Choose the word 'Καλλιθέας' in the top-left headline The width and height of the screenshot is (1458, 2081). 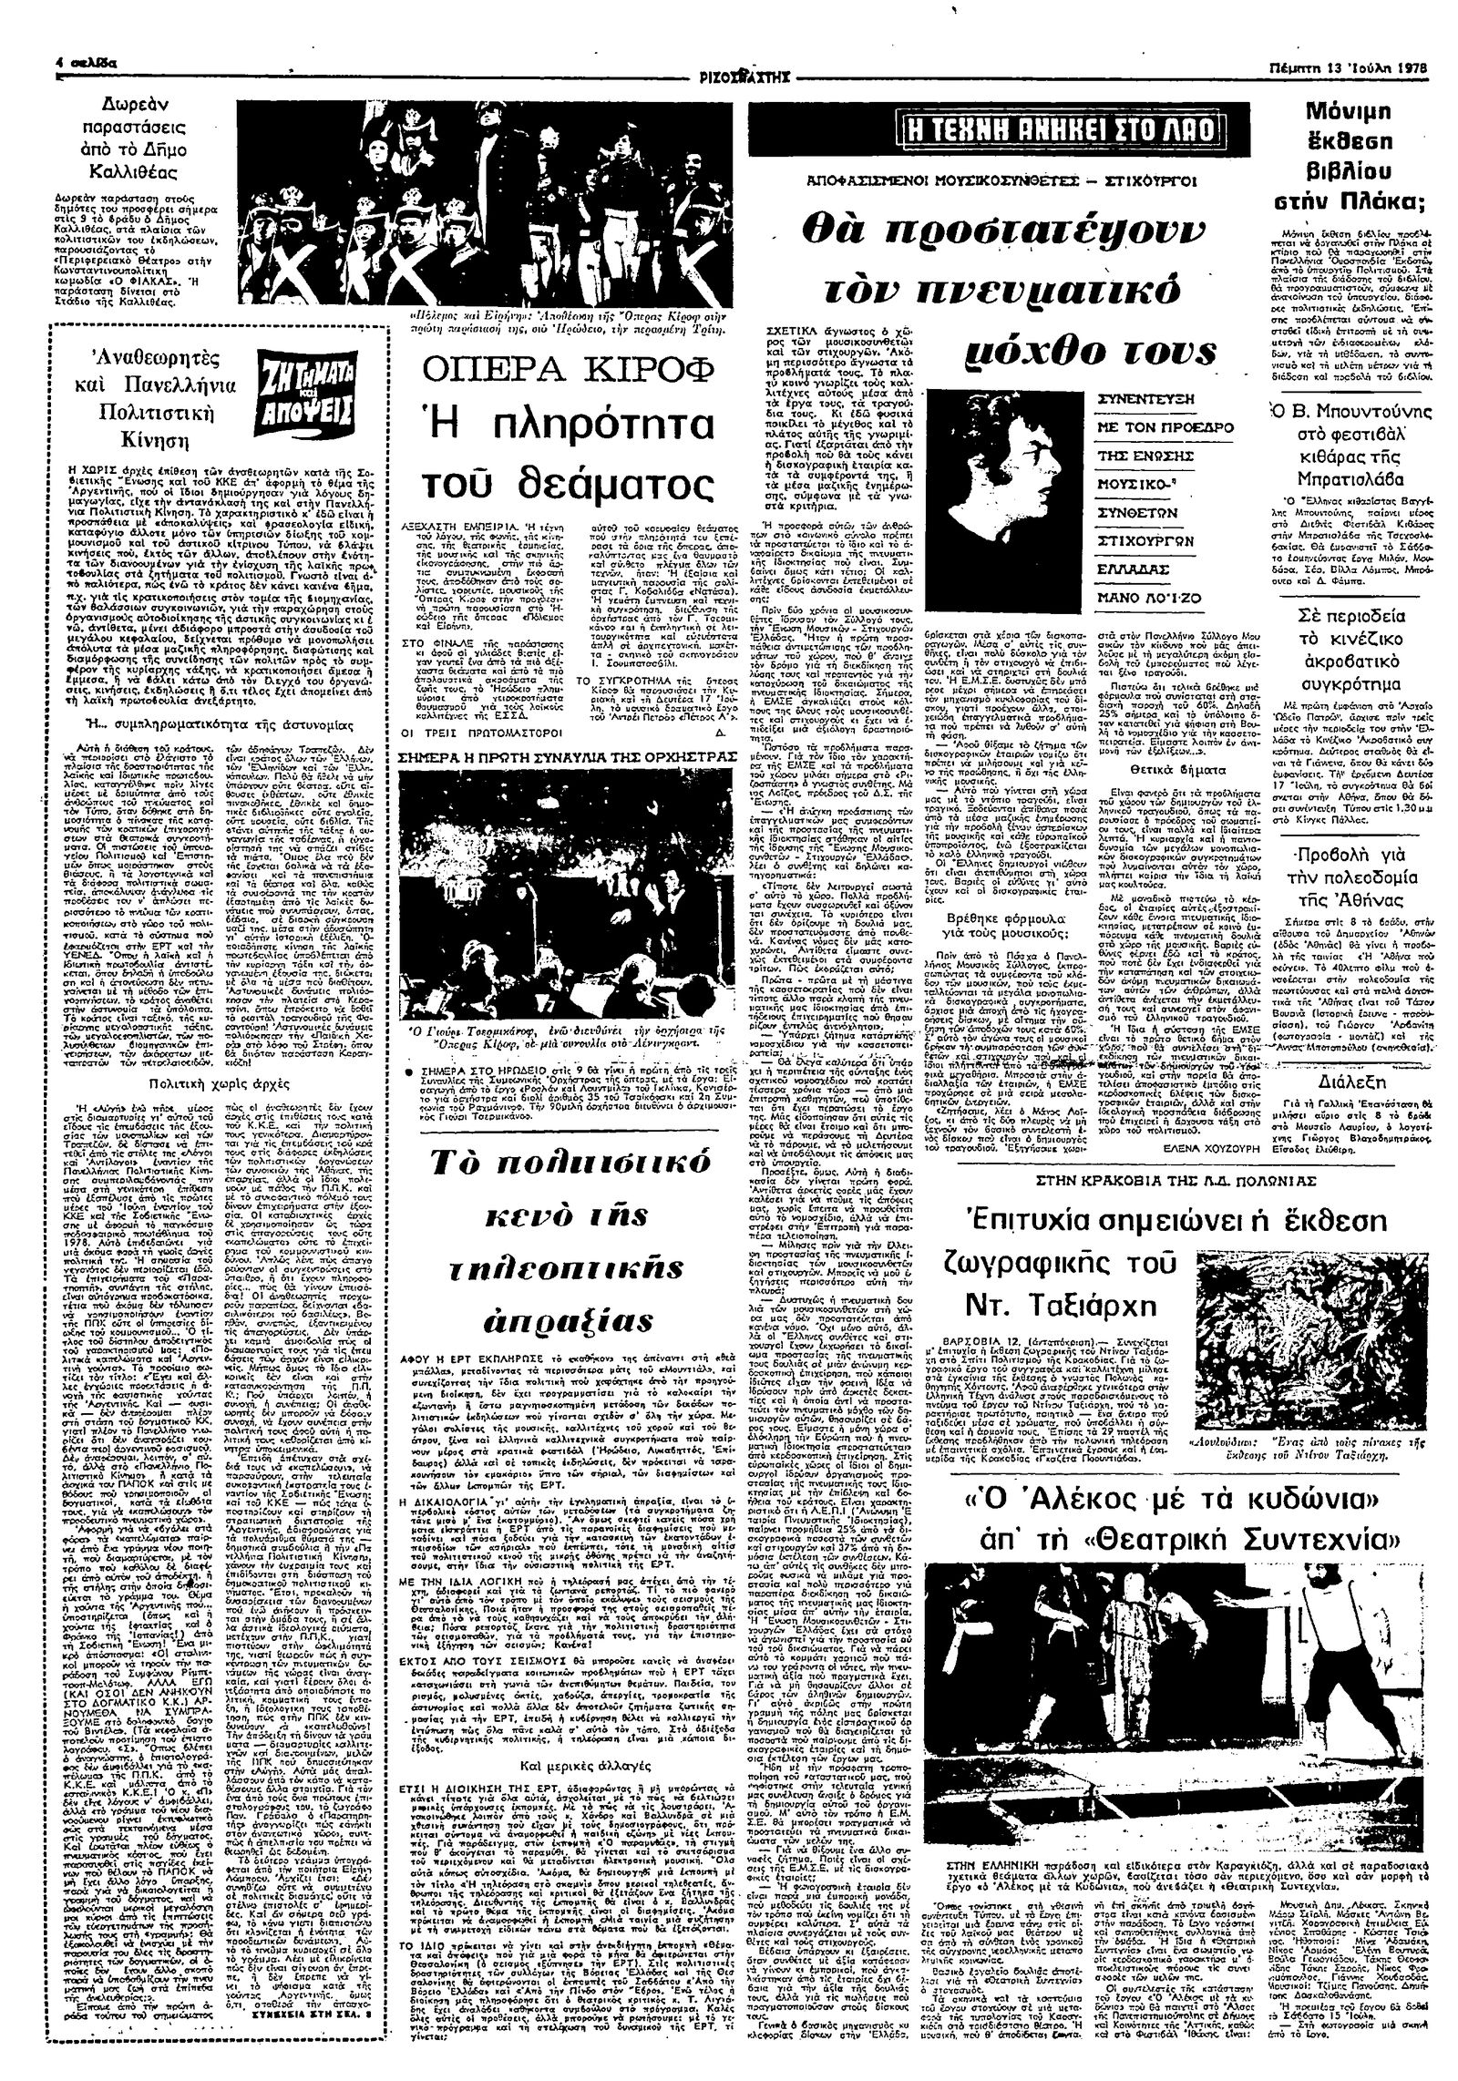pos(138,172)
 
